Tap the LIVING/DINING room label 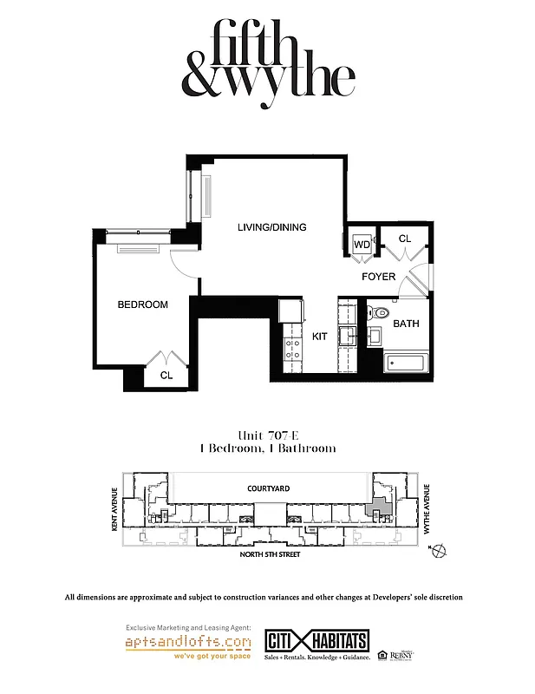point(273,227)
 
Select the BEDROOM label point(142,304)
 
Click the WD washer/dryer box point(362,245)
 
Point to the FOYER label point(379,277)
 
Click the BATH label point(406,324)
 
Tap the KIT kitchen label point(320,336)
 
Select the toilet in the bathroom point(381,311)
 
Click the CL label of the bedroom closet point(165,376)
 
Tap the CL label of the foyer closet point(404,239)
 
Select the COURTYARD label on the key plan point(268,488)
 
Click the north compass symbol point(438,550)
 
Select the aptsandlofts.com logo point(188,643)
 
